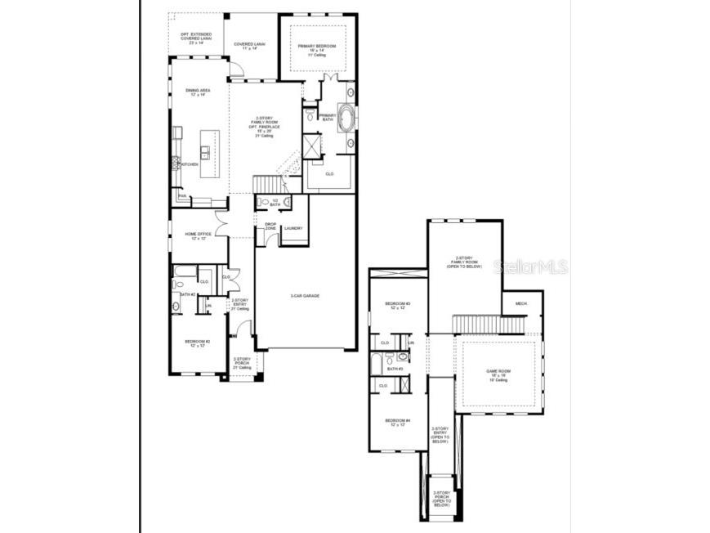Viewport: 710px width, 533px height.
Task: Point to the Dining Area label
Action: tap(197, 92)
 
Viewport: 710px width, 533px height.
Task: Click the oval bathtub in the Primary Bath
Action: tap(346, 118)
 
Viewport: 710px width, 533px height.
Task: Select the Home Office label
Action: tap(198, 236)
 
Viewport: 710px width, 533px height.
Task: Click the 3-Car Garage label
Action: tap(305, 295)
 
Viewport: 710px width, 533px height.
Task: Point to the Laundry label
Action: tap(292, 228)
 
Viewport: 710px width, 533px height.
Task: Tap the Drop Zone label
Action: tap(270, 226)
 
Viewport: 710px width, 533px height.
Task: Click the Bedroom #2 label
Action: tap(197, 343)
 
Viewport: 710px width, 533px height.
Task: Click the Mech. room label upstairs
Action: tap(521, 303)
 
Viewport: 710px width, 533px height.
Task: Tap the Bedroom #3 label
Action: tap(397, 306)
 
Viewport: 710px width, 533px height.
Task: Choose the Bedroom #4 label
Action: tap(397, 423)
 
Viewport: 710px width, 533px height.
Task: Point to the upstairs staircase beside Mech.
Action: tap(489, 324)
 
